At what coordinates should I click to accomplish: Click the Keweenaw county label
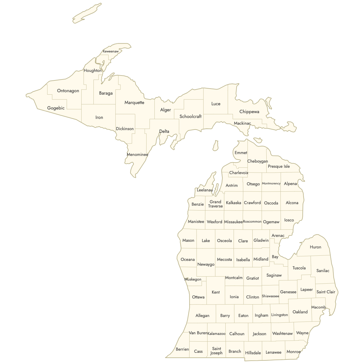[x=111, y=52]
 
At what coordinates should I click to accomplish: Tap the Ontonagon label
[x=68, y=91]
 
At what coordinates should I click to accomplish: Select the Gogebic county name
[x=56, y=108]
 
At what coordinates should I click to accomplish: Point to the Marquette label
[x=134, y=103]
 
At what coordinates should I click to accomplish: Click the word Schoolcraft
[x=190, y=116]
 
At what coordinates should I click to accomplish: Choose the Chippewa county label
[x=249, y=112]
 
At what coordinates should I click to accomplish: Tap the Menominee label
[x=137, y=155]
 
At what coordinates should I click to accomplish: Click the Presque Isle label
[x=279, y=167]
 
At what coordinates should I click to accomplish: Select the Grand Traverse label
[x=215, y=204]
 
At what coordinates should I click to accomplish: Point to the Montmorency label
[x=271, y=184]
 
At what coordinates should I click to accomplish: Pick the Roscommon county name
[x=252, y=222]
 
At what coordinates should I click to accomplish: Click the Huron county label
[x=315, y=247]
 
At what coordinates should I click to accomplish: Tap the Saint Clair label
[x=326, y=292]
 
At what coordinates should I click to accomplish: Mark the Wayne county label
[x=302, y=333]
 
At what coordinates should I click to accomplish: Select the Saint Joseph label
[x=217, y=351]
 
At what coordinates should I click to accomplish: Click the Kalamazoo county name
[x=216, y=334]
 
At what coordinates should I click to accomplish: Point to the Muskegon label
[x=193, y=279]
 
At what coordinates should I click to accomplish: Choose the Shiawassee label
[x=270, y=296]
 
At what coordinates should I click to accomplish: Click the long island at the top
[x=86, y=14]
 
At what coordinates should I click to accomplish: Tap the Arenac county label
[x=278, y=236]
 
